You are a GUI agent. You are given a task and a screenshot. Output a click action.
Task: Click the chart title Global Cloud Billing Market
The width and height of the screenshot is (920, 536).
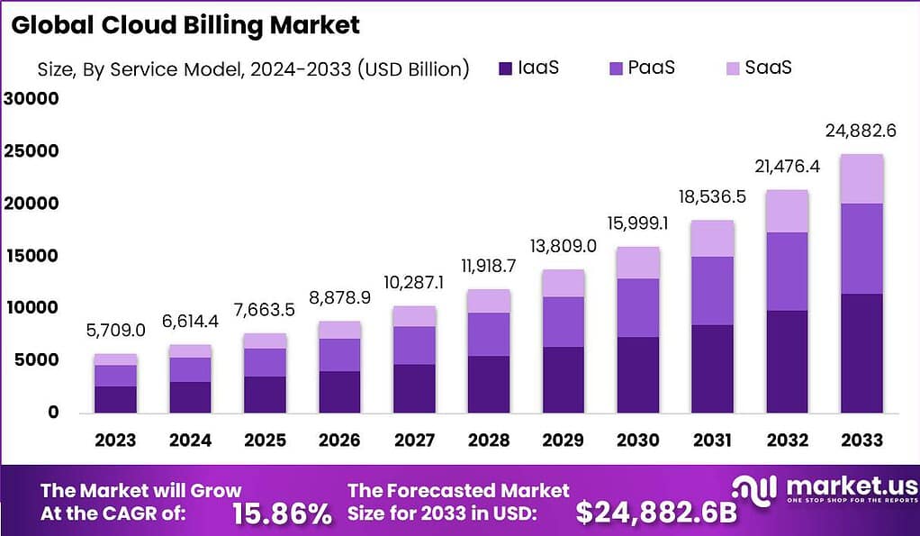[x=185, y=25]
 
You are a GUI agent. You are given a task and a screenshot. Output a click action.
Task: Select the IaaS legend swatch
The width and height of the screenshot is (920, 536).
[x=504, y=68]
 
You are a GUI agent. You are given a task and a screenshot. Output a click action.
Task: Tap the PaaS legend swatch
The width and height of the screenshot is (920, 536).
[x=617, y=68]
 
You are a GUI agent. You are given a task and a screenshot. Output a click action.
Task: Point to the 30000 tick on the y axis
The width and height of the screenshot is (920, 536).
[x=32, y=99]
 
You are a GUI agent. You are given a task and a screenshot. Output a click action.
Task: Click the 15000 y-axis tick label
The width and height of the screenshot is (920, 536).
[x=32, y=256]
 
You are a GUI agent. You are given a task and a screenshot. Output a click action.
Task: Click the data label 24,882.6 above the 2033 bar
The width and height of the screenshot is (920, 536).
[x=860, y=131]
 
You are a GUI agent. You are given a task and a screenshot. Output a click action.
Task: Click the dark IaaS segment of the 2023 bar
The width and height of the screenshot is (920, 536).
[x=115, y=399]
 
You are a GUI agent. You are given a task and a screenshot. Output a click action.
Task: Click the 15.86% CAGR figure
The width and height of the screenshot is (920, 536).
[x=281, y=513]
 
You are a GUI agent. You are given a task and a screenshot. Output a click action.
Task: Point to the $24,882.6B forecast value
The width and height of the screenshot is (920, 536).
[x=655, y=513]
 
